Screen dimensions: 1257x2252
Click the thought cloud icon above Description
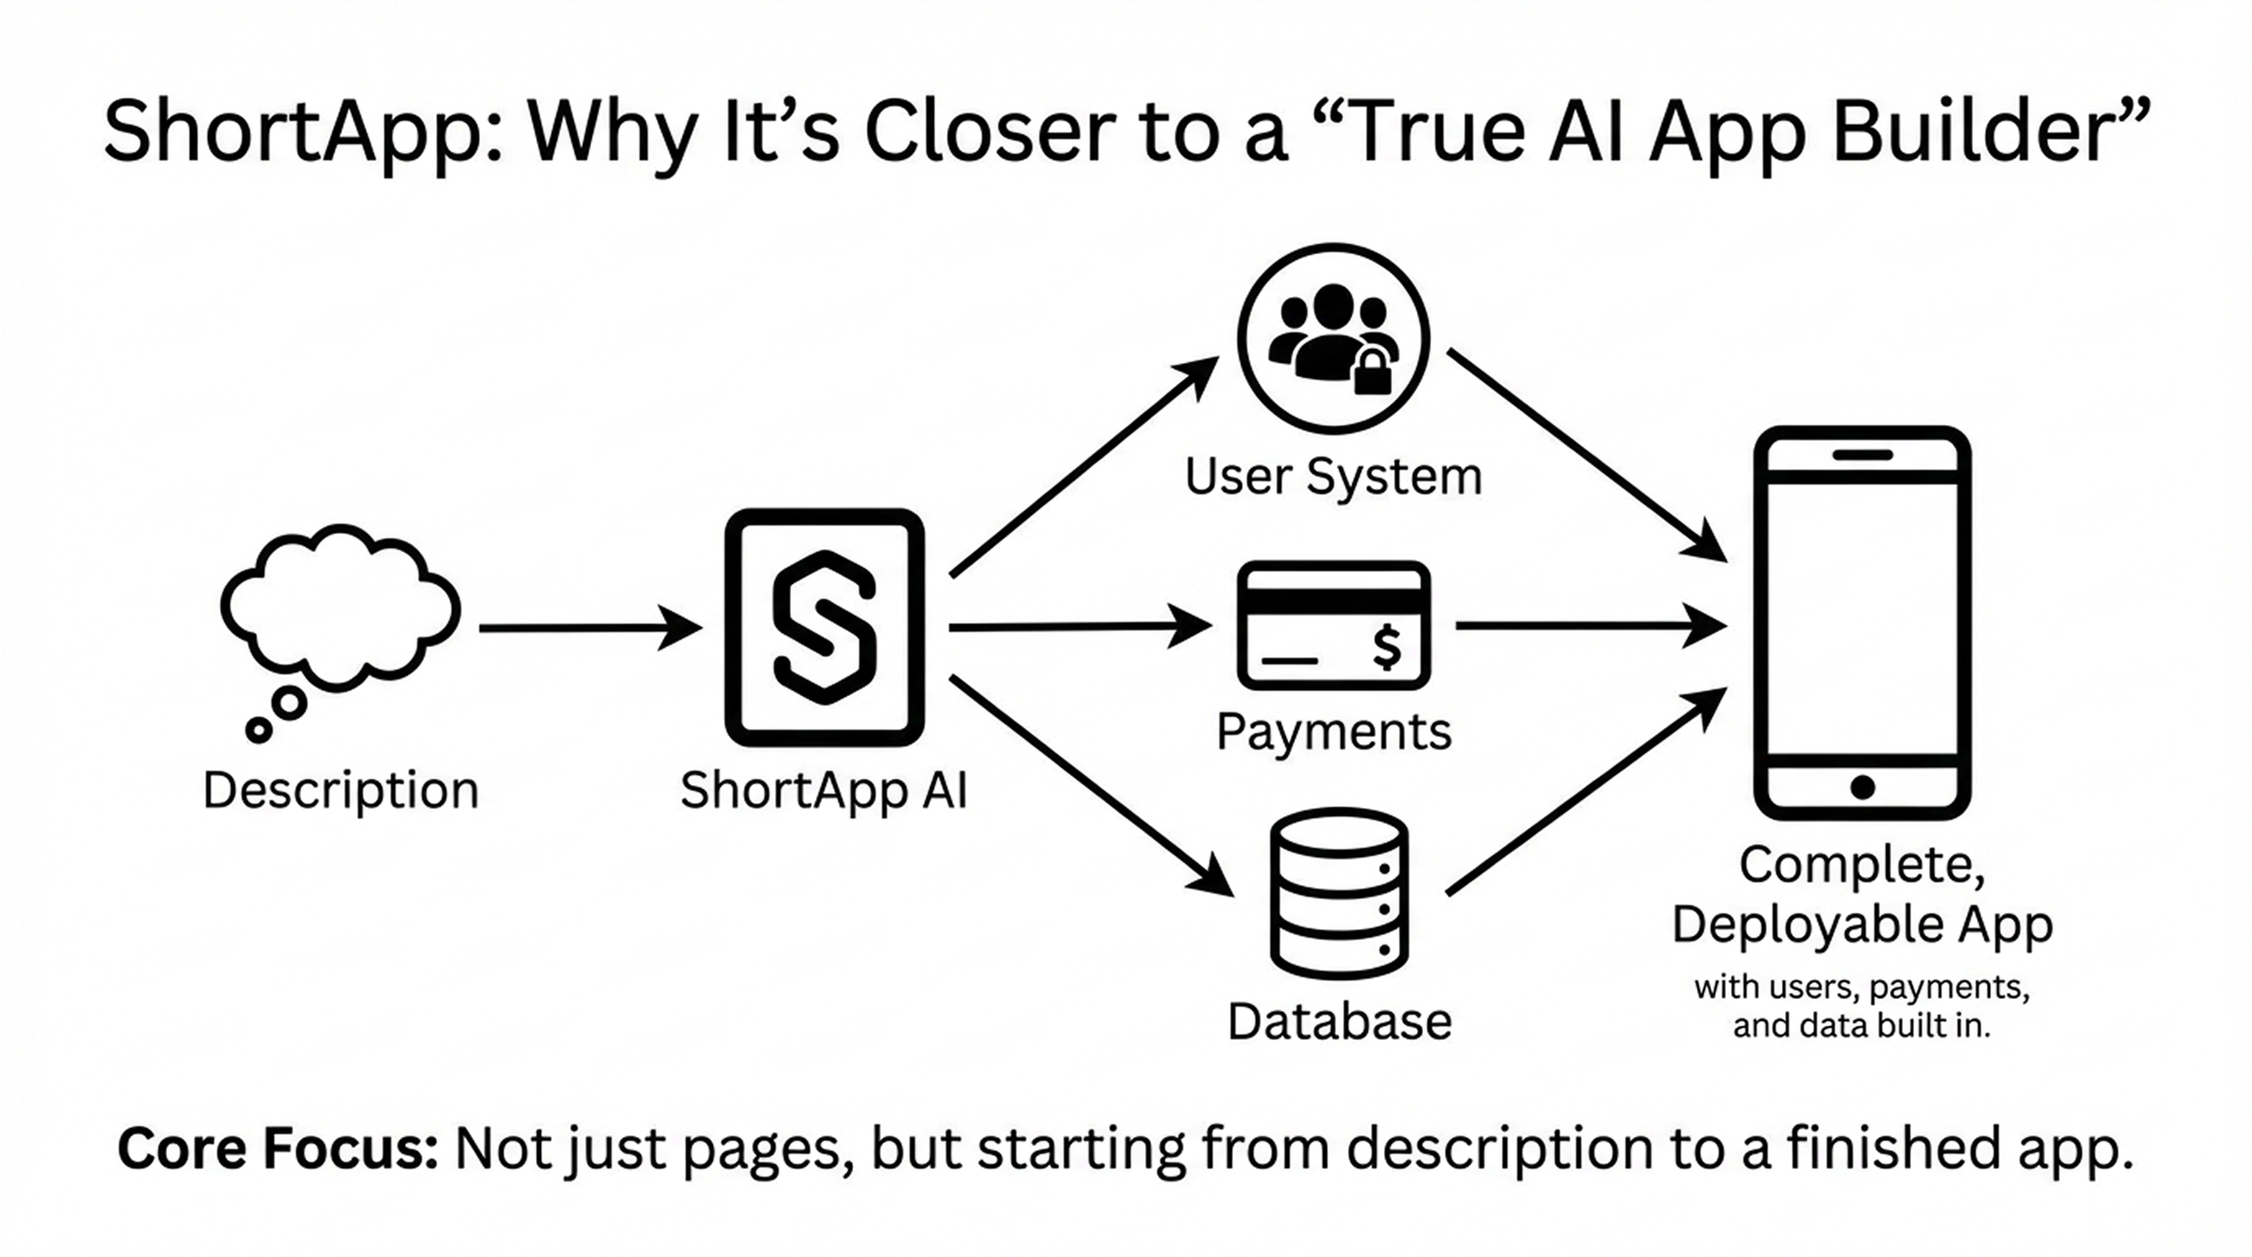tap(339, 608)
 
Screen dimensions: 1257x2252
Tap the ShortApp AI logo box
tap(824, 628)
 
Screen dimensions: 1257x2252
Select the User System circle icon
tap(1333, 339)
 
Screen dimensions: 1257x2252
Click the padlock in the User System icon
tap(1372, 374)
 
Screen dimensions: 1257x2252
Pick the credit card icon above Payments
tap(1333, 626)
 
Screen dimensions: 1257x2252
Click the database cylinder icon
tap(1338, 893)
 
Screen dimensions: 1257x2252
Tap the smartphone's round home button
tap(1862, 788)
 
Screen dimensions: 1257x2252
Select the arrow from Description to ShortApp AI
tap(590, 628)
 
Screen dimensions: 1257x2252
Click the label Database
tap(1338, 1021)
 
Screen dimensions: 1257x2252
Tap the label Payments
tap(1333, 731)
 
